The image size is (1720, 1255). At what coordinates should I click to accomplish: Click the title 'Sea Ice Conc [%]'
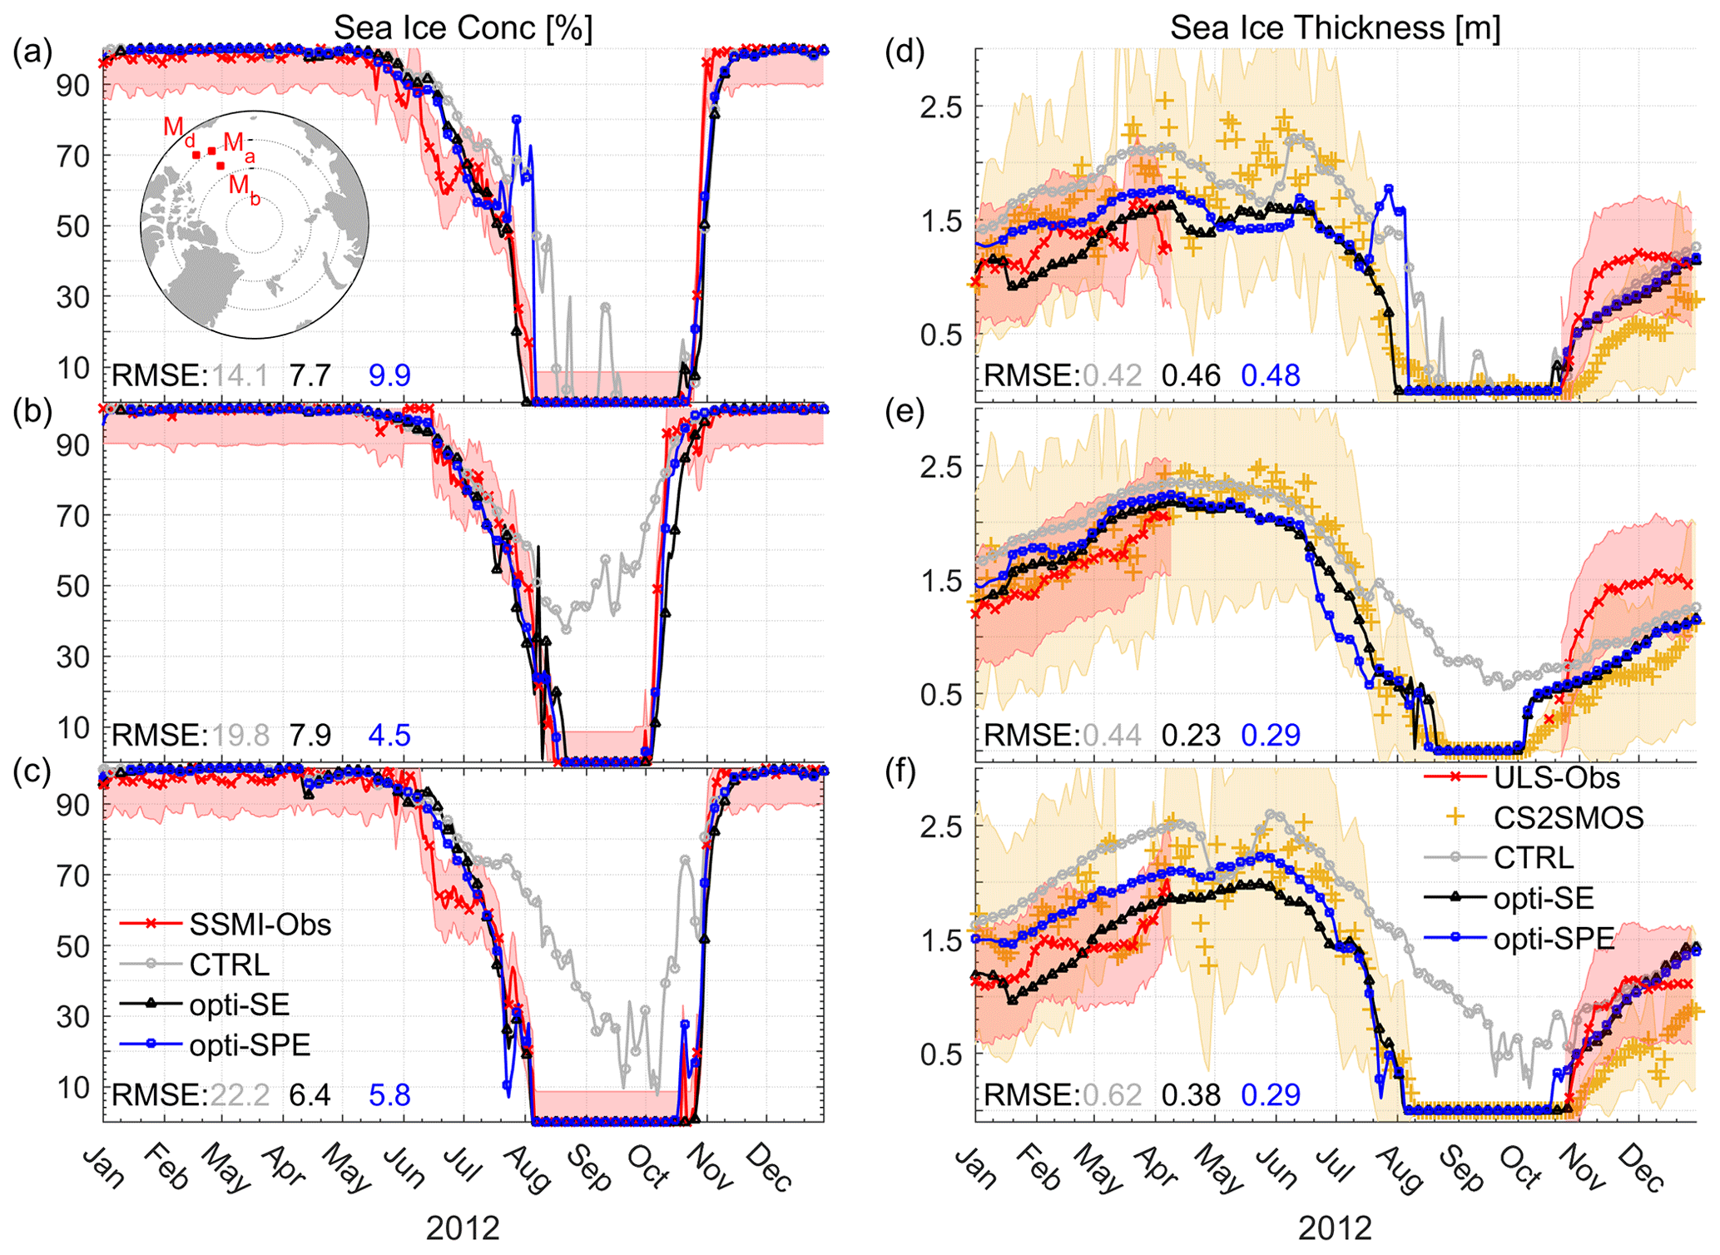[x=463, y=28]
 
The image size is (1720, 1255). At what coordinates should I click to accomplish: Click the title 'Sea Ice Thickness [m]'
[x=1335, y=28]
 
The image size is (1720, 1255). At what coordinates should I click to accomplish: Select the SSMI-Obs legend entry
[x=260, y=925]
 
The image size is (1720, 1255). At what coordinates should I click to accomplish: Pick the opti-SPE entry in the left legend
[x=250, y=1045]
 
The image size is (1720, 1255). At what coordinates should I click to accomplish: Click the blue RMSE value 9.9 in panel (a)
[x=389, y=375]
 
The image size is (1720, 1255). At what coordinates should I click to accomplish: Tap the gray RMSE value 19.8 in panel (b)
[x=240, y=735]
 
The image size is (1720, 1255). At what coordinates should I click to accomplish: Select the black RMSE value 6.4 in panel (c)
[x=310, y=1094]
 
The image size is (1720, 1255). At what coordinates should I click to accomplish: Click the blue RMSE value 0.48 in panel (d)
[x=1271, y=375]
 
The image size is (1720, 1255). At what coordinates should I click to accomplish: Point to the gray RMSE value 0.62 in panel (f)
[x=1112, y=1094]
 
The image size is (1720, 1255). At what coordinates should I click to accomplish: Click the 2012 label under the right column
[x=1335, y=1228]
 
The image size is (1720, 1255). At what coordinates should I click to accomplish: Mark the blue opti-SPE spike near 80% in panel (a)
[x=517, y=120]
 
